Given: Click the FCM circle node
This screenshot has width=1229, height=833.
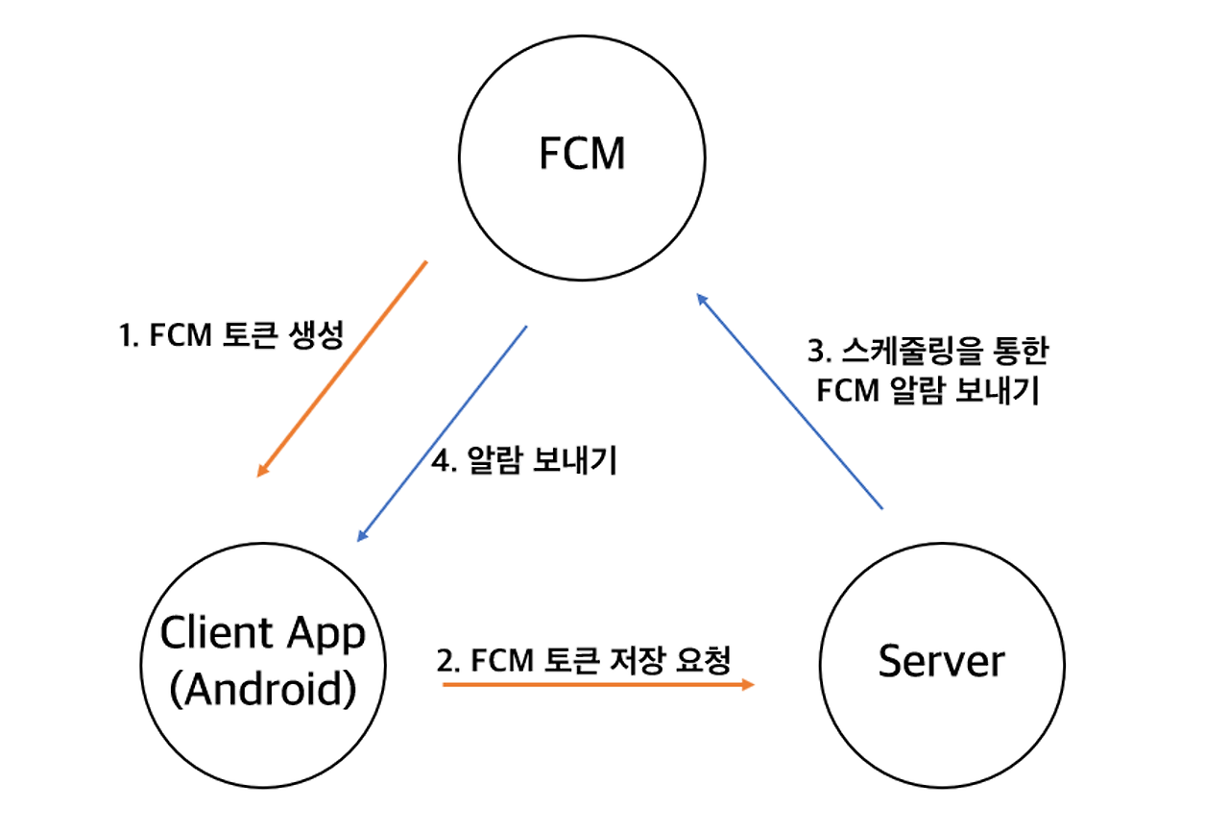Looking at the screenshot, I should pos(582,156).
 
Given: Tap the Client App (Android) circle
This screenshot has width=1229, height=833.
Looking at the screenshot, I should pos(262,664).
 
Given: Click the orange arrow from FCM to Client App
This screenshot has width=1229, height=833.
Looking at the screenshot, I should pos(342,369).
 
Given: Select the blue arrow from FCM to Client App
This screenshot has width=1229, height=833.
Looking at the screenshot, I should pos(442,432).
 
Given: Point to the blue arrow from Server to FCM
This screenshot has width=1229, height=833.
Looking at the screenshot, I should pos(788,401).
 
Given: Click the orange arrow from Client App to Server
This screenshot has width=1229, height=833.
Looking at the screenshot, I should pos(595,684).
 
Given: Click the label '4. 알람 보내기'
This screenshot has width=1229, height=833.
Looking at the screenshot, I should pos(524,462).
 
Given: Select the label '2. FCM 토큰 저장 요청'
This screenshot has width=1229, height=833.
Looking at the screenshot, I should pos(584,660).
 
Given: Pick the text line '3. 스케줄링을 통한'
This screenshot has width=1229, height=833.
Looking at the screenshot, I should pos(929,352).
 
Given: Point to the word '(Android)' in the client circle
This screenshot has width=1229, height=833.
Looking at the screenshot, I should pos(262,690).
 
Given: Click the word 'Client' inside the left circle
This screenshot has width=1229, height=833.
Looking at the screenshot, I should pos(217,634).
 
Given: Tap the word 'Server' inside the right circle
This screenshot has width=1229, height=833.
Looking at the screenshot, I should pos(941,662).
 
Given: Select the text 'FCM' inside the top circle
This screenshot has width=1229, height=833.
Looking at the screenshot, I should pos(582,155).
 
